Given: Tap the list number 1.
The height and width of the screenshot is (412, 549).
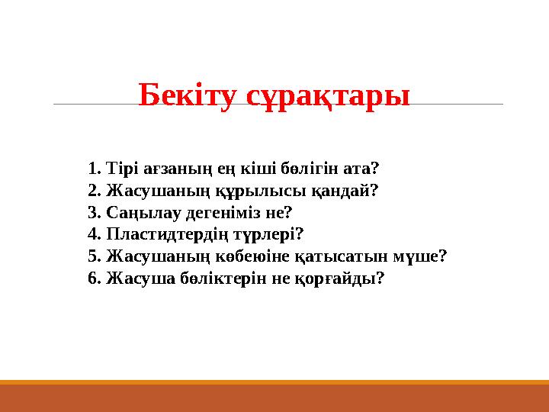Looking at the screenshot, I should [x=94, y=168].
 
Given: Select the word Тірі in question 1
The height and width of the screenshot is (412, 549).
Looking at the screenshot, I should [x=122, y=168].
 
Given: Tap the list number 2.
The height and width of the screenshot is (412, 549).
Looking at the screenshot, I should [x=94, y=190].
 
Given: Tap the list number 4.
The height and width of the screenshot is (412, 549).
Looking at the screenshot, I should [x=94, y=234].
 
